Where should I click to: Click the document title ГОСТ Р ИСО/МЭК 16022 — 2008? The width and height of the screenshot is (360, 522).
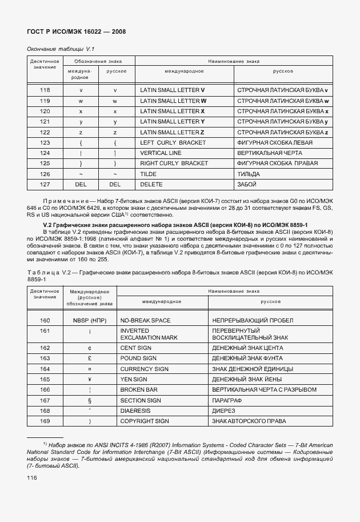[76, 31]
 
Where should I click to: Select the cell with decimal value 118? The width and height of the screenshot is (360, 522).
[45, 90]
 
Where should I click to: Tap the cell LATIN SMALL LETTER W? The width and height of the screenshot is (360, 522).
[173, 101]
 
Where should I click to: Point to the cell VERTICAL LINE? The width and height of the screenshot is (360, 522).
[161, 153]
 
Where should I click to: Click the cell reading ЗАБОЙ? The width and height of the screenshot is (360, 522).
[246, 184]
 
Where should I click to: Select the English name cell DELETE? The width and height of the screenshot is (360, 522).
[151, 184]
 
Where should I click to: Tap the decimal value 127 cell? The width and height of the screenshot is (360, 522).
[45, 184]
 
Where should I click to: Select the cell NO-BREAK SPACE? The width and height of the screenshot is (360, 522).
[145, 320]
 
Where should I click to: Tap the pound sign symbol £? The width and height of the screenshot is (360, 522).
[90, 358]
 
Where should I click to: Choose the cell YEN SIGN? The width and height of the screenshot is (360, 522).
[134, 379]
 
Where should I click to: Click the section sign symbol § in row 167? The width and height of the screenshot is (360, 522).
[90, 400]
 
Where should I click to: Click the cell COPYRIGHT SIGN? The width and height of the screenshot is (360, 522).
[144, 421]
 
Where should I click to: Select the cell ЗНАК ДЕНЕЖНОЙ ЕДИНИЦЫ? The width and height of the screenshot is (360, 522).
[253, 369]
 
